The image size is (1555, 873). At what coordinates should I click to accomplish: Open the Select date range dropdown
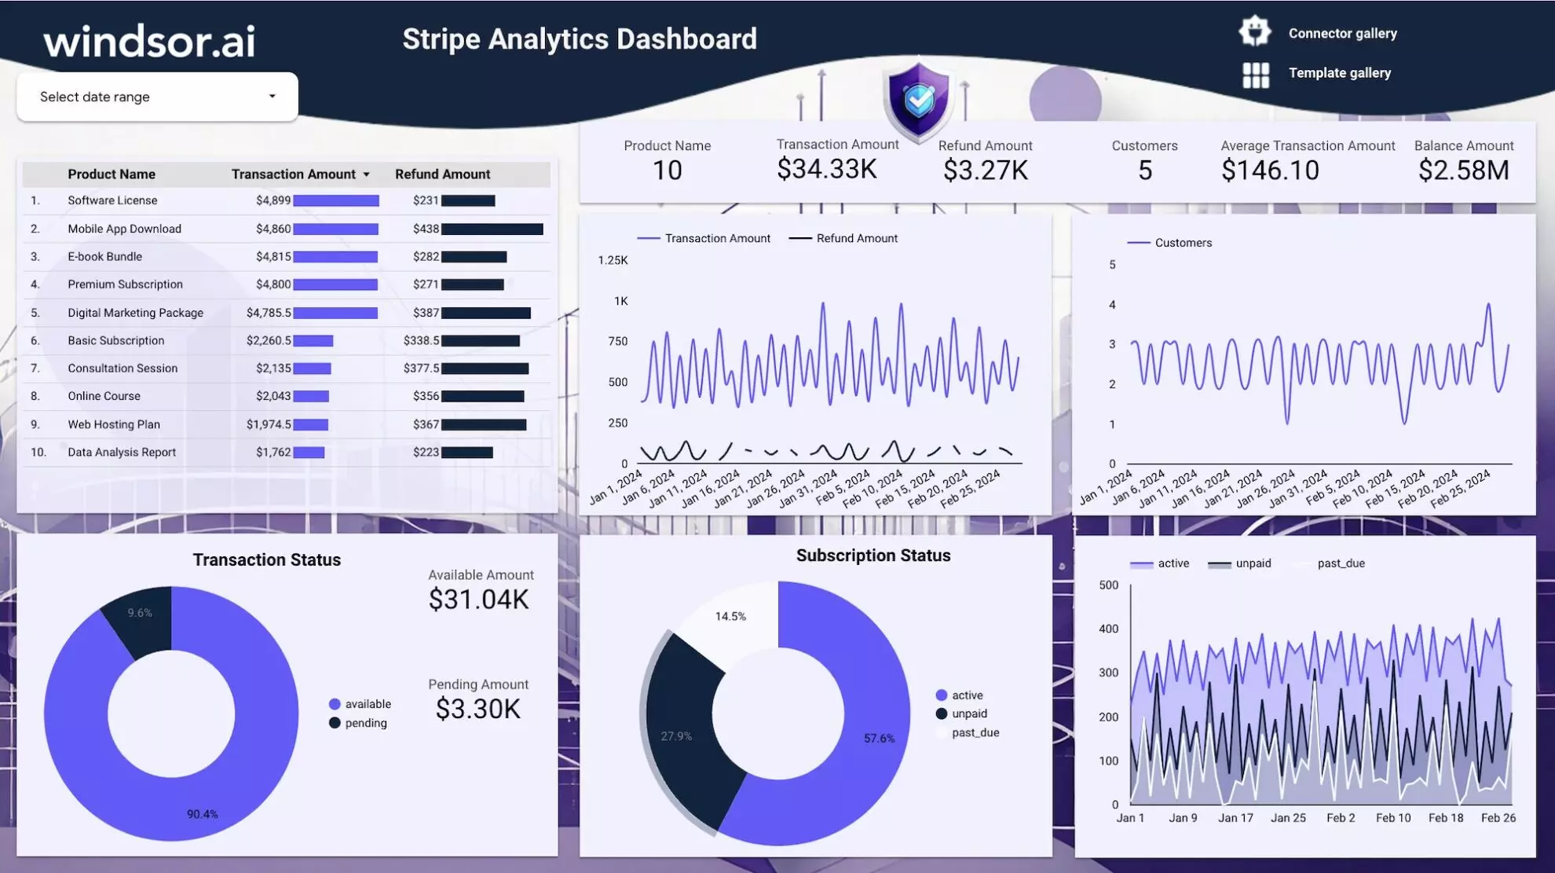click(157, 97)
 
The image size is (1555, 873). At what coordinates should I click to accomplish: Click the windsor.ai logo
click(149, 41)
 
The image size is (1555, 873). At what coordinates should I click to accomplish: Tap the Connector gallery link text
click(1342, 34)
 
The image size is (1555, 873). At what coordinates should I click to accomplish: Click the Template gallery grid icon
click(1255, 75)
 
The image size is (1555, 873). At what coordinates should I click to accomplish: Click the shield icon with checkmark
click(918, 101)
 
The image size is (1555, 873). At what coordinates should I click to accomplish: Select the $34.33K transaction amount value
click(826, 169)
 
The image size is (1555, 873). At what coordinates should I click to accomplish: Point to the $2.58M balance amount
click(1463, 171)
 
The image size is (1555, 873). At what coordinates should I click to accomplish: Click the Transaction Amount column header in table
click(293, 174)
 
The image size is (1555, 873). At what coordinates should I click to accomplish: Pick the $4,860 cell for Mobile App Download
click(273, 229)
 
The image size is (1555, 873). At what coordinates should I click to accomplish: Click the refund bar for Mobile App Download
click(492, 229)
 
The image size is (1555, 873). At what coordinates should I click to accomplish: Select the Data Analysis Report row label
click(122, 453)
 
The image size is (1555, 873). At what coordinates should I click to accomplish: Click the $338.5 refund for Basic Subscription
click(421, 341)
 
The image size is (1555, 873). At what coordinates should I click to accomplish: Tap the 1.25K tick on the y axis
click(613, 260)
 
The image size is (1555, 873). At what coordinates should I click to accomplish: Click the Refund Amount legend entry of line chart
click(856, 238)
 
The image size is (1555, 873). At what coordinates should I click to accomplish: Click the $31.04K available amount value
click(478, 600)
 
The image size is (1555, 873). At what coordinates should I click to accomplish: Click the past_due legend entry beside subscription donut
click(975, 733)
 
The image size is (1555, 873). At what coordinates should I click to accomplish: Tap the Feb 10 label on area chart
click(1392, 818)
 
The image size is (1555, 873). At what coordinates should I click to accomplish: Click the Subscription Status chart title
click(873, 556)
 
